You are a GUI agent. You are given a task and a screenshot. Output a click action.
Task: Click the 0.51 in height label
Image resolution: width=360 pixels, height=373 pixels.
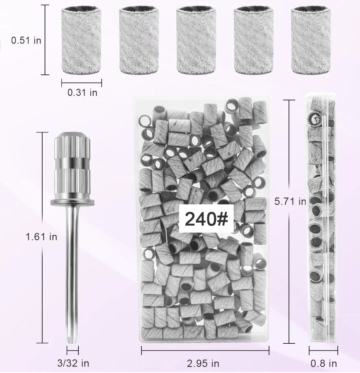pos(26,40)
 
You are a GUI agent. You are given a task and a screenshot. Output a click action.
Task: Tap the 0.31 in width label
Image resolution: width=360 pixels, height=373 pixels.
pos(82,93)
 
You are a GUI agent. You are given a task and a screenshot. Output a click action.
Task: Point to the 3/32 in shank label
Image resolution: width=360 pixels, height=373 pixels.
pos(73,363)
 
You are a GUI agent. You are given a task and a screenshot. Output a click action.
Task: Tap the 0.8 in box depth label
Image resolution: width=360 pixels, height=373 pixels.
pos(323,363)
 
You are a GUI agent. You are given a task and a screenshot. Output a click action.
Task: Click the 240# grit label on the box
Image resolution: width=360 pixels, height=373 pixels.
pos(206,219)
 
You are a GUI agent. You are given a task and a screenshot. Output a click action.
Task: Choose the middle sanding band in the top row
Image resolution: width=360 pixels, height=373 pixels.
pos(196,40)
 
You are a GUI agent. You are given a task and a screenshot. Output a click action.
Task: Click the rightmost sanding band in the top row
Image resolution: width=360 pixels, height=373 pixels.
pos(311,40)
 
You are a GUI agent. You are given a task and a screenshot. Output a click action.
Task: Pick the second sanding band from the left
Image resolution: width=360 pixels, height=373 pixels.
pos(139,40)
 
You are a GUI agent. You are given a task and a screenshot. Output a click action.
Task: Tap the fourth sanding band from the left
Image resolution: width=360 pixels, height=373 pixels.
pos(253,40)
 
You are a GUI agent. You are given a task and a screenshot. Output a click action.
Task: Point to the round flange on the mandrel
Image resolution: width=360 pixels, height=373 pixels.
pos(72,202)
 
